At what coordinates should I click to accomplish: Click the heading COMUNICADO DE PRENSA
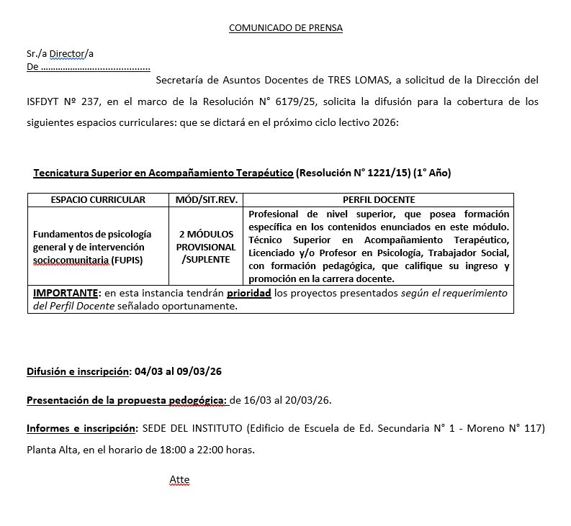[286, 28]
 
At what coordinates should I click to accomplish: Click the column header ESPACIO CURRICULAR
[98, 199]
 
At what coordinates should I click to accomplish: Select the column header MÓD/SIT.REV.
[207, 199]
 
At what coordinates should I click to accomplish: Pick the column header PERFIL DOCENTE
[379, 199]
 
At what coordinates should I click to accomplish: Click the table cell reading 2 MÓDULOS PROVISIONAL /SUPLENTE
[207, 247]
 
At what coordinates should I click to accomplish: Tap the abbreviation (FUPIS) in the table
[128, 259]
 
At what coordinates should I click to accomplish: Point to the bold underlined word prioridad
[249, 294]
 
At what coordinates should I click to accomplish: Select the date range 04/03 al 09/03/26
[176, 372]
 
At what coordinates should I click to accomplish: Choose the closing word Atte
[179, 479]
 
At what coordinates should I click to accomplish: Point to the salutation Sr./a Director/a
[60, 54]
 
